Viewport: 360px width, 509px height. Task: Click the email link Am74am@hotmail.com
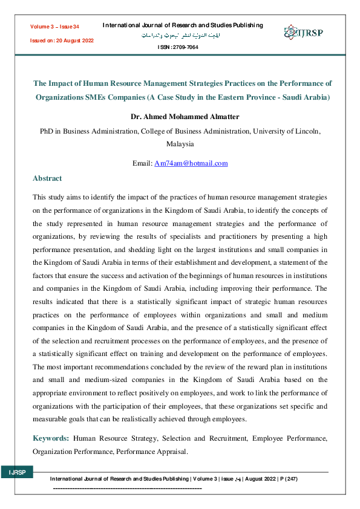[x=191, y=163]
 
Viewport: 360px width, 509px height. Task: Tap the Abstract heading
[x=47, y=178]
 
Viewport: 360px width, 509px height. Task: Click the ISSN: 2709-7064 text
[x=177, y=47]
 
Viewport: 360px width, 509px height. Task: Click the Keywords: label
[x=51, y=437]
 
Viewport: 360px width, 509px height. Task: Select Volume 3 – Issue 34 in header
[x=54, y=27]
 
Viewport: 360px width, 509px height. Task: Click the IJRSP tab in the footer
[x=16, y=472]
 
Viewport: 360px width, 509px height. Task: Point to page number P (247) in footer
[x=286, y=479]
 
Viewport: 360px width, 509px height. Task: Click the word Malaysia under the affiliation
[x=180, y=144]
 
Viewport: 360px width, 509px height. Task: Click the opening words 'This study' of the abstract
[x=46, y=197]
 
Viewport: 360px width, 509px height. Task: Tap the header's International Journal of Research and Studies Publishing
[x=183, y=25]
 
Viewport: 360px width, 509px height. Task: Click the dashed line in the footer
[x=127, y=487]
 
